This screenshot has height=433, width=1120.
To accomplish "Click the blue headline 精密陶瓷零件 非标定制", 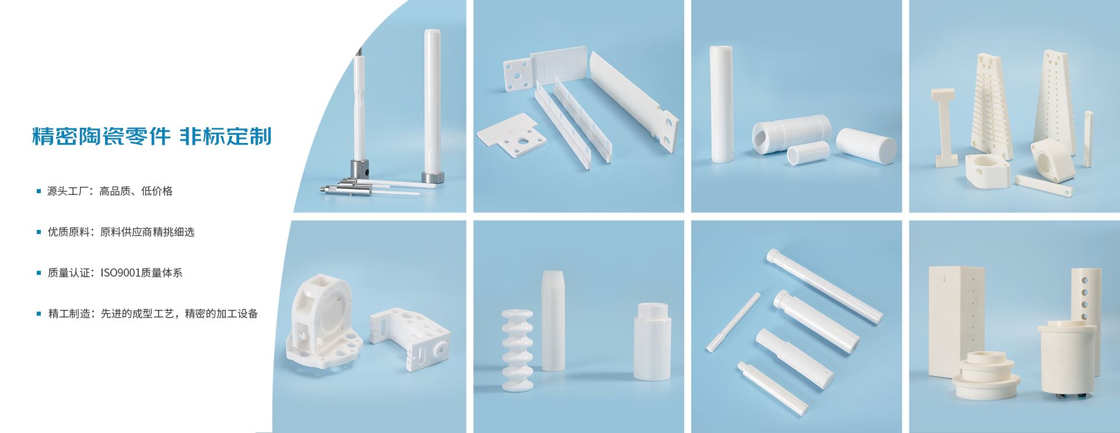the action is tap(152, 136).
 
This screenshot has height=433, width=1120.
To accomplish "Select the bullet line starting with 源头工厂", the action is tap(110, 191).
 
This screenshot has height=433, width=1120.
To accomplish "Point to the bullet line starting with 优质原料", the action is tap(121, 232).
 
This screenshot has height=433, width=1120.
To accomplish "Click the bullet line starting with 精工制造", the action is tap(152, 313).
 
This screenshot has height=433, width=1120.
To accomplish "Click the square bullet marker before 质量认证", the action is tap(39, 273).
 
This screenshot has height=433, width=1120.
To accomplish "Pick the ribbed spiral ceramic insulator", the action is tap(517, 350).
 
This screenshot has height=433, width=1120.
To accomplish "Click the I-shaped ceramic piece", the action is tap(943, 127).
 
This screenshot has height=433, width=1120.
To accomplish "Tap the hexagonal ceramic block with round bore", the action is tap(1052, 160).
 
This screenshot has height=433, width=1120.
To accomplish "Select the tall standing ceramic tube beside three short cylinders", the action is tap(721, 103).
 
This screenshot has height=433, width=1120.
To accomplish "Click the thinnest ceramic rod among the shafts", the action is tap(733, 322).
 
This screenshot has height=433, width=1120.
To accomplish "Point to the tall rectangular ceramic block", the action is tap(956, 322).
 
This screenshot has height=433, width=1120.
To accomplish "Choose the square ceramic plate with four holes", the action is tap(518, 74).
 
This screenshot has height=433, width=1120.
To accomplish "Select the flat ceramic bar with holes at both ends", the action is tap(1044, 186).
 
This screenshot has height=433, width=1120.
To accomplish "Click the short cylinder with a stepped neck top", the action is tap(652, 341).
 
